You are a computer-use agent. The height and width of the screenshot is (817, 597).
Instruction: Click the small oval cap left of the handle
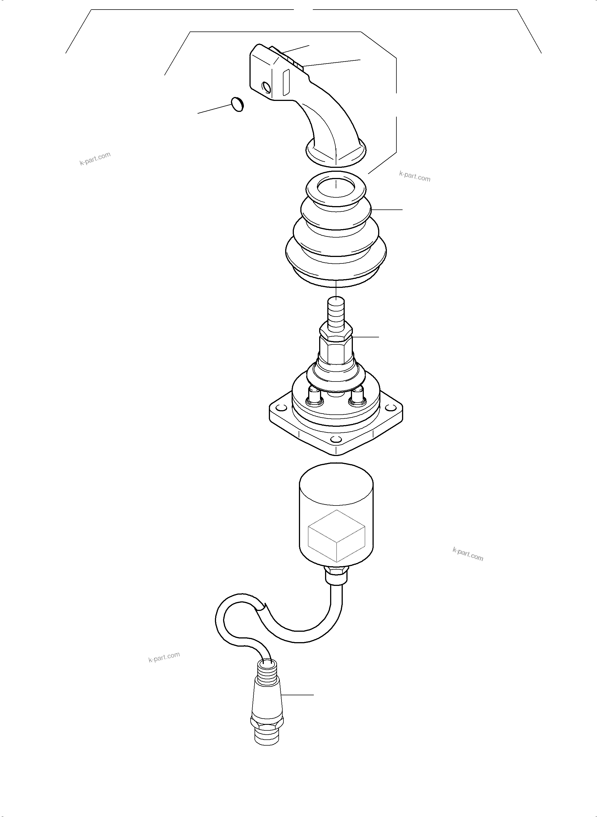point(237,105)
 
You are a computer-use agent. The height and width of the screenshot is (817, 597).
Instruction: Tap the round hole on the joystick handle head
point(266,87)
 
